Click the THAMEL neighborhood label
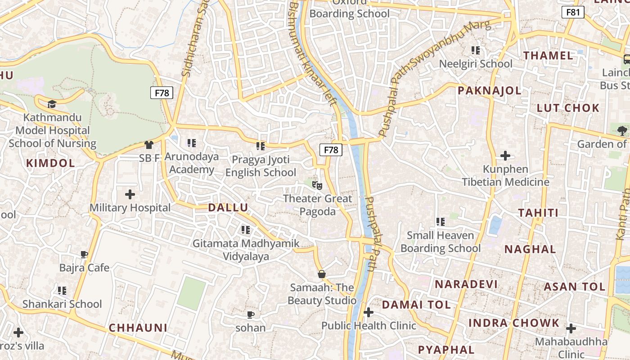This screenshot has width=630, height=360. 548,56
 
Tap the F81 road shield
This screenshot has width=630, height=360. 573,12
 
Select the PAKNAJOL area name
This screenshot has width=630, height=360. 489,90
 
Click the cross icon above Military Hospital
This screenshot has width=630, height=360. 130,194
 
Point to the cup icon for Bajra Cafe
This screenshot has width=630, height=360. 84,254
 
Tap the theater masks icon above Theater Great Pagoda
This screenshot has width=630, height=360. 317,184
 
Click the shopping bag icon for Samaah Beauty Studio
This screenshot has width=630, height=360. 322,274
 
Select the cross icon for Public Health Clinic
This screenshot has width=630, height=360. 369,312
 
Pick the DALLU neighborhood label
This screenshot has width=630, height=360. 228,207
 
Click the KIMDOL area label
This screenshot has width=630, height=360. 50,163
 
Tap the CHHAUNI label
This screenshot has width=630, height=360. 138,328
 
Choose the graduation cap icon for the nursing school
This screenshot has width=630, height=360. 52,104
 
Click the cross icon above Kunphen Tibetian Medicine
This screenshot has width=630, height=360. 505,156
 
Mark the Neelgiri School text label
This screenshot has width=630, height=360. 476,64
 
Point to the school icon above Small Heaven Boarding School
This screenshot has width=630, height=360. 440,221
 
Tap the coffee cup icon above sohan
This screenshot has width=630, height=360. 251,314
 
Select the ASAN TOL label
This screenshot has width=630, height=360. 575,287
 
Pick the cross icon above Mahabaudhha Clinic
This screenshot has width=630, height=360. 571,328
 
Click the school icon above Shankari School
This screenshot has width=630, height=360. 62,290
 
